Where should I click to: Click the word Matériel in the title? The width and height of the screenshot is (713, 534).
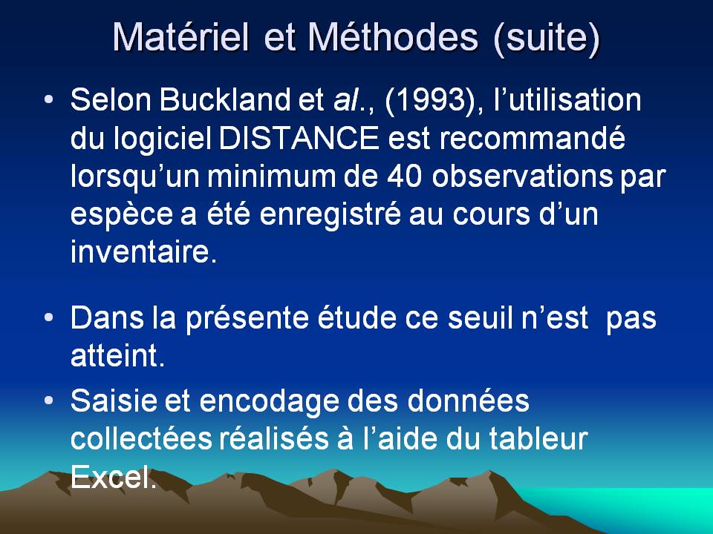pyautogui.click(x=181, y=36)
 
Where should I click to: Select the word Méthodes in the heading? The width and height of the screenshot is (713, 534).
pyautogui.click(x=394, y=36)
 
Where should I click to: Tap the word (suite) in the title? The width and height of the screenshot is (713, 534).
pyautogui.click(x=547, y=38)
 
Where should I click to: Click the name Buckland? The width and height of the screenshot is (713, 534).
pyautogui.click(x=224, y=99)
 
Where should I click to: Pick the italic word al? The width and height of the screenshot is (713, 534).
pyautogui.click(x=347, y=99)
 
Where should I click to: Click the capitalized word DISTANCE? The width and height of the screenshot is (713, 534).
pyautogui.click(x=299, y=138)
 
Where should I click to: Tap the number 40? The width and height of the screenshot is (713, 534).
pyautogui.click(x=405, y=177)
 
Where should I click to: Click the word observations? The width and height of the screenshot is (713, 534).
pyautogui.click(x=522, y=177)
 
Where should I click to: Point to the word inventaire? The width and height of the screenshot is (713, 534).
pyautogui.click(x=143, y=251)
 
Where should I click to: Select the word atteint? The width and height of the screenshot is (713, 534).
pyautogui.click(x=117, y=355)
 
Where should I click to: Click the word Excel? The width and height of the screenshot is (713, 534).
pyautogui.click(x=114, y=476)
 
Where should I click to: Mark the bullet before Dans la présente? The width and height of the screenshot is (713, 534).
pyautogui.click(x=49, y=317)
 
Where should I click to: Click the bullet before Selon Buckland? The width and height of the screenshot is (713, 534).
pyautogui.click(x=49, y=99)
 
